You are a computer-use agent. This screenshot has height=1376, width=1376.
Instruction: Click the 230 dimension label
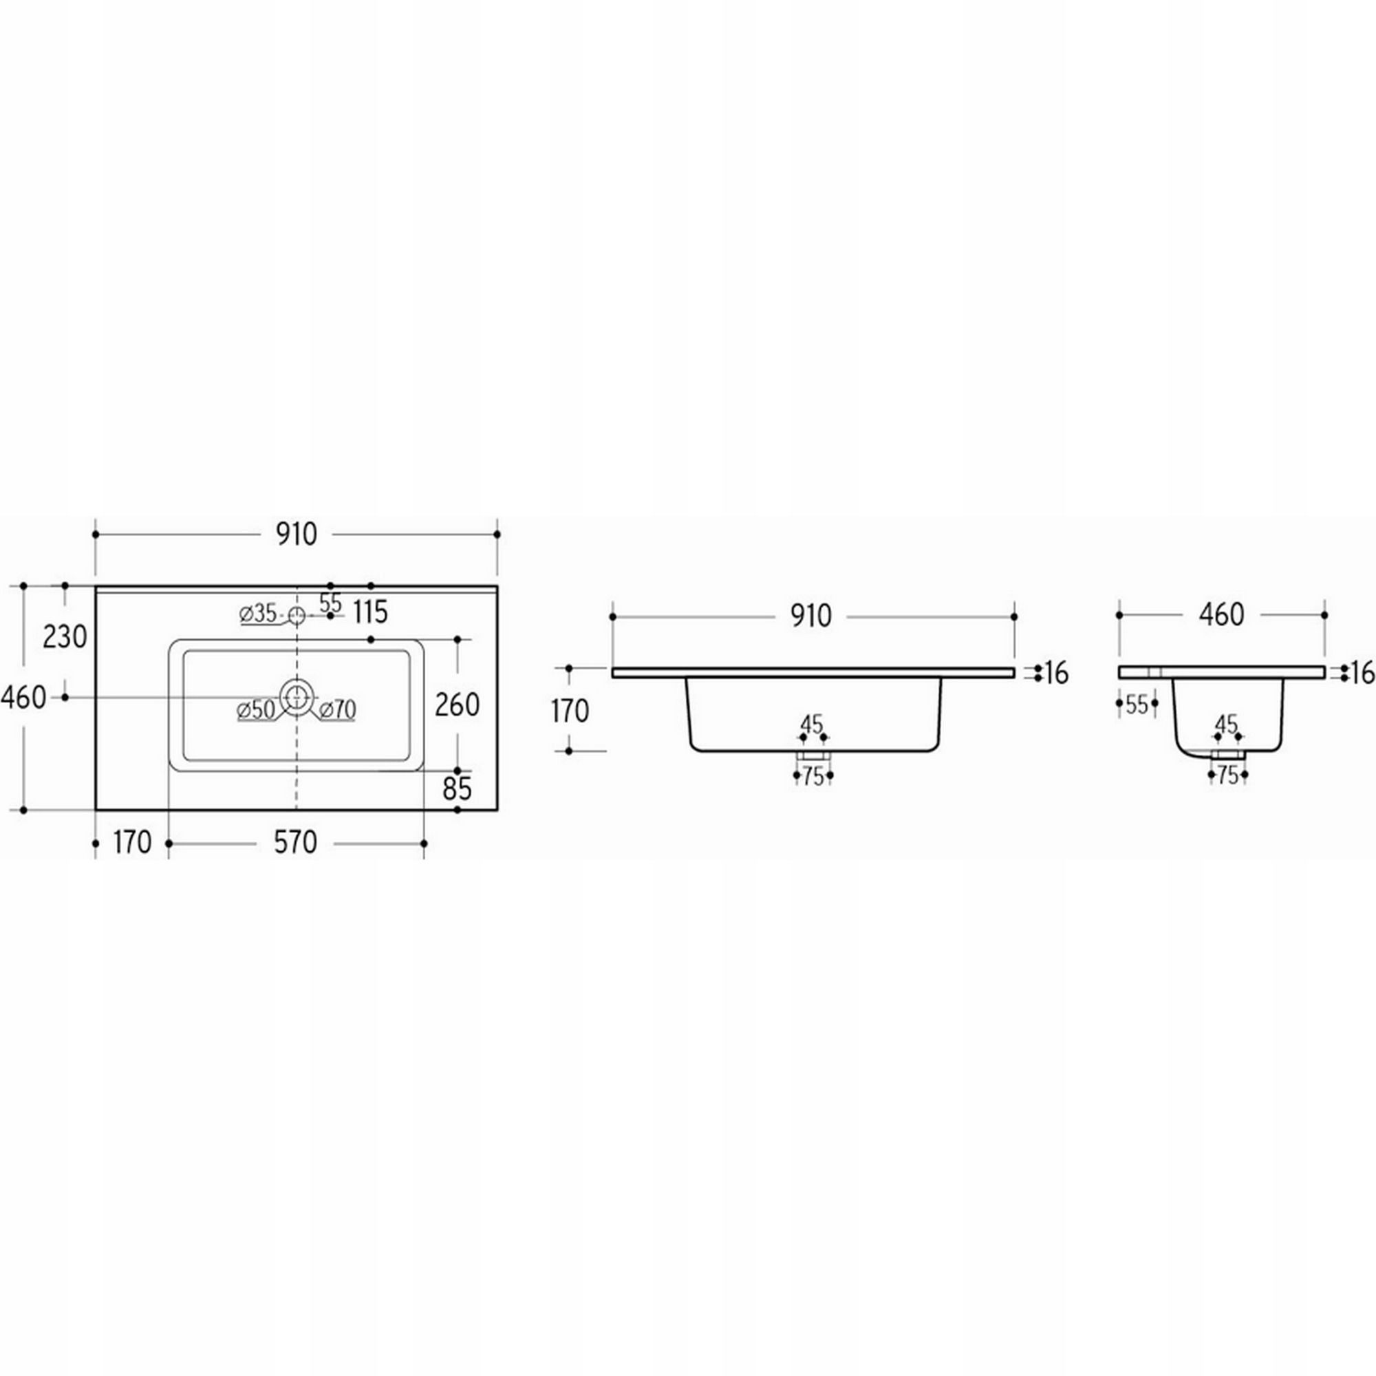click(x=65, y=636)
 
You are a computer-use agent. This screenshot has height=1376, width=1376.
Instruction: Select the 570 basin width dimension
click(x=296, y=843)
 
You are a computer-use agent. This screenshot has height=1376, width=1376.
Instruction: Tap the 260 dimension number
click(x=458, y=705)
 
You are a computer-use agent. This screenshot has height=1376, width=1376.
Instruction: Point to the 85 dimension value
click(x=458, y=788)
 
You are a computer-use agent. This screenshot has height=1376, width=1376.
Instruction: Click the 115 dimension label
click(x=369, y=611)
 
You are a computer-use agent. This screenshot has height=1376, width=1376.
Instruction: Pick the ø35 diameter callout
click(x=259, y=613)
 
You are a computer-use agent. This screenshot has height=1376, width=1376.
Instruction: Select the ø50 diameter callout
click(x=257, y=709)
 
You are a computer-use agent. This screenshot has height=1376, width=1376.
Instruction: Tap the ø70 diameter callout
click(x=338, y=709)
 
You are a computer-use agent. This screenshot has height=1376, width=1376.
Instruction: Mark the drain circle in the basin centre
click(x=297, y=697)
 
